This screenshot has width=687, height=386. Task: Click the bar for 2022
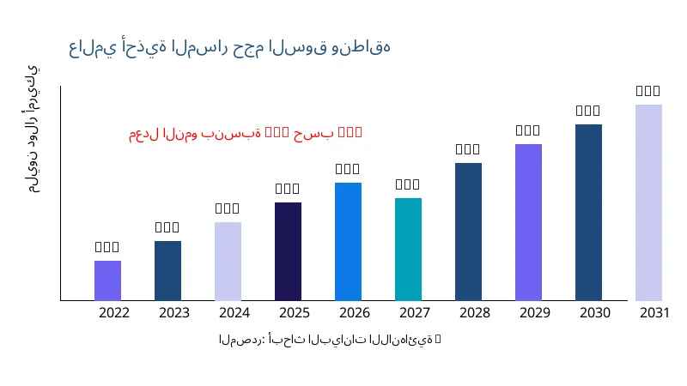pos(107,280)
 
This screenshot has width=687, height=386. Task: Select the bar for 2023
pos(167,270)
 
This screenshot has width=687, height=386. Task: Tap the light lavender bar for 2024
pos(228,261)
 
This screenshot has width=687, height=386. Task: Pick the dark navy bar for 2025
pos(288,251)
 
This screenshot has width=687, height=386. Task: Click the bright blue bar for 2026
pos(348,241)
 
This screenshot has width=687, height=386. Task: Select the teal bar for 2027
pos(408,249)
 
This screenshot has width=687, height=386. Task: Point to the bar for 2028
pos(468,232)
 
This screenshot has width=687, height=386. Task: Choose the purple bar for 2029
pos(528,222)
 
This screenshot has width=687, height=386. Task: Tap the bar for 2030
pos(588,212)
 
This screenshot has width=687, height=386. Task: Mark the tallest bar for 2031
pos(648,202)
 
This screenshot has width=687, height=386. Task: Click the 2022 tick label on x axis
pos(114,313)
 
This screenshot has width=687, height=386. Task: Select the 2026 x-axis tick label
pos(354,313)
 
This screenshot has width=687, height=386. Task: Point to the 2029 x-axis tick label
pos(534,313)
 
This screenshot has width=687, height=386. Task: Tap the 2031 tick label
pos(654,313)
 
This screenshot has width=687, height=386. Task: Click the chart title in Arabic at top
pos(229,47)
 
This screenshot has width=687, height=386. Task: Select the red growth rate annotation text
pos(246,133)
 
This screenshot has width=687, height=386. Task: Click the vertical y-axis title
pos(32,129)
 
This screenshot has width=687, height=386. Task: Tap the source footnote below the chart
pos(330,340)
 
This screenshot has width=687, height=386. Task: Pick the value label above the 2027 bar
pos(408,184)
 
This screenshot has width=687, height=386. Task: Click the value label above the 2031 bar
pos(648,91)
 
